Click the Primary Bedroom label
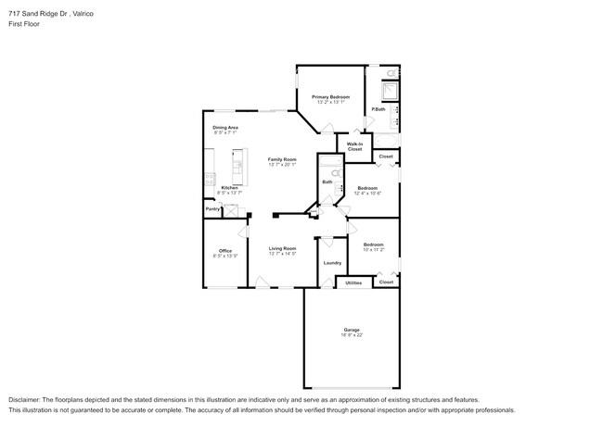point(329,96)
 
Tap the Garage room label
point(351,329)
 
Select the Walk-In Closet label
point(354,146)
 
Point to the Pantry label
point(212,209)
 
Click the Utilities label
point(353,282)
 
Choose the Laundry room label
point(331,263)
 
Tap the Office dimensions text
point(225,256)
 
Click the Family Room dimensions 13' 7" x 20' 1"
point(282,165)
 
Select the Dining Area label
point(225,127)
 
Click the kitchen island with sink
point(237,168)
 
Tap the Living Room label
point(282,248)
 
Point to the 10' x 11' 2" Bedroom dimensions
point(373,250)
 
